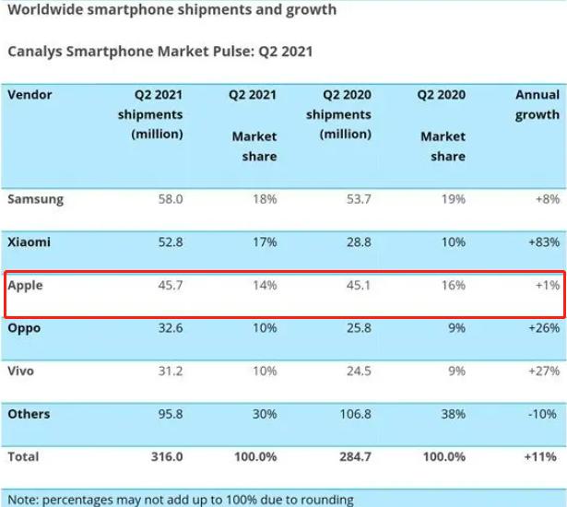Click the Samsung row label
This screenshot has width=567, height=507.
(35, 199)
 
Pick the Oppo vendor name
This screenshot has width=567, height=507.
(24, 328)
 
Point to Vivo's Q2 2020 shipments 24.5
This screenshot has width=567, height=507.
(358, 371)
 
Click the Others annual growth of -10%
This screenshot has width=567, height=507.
(542, 415)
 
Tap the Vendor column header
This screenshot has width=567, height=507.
(30, 95)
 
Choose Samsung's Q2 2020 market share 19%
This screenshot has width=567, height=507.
(452, 199)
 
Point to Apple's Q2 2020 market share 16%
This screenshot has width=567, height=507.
(452, 286)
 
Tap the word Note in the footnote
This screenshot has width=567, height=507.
(19, 500)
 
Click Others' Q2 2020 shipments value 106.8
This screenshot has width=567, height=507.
(354, 415)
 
